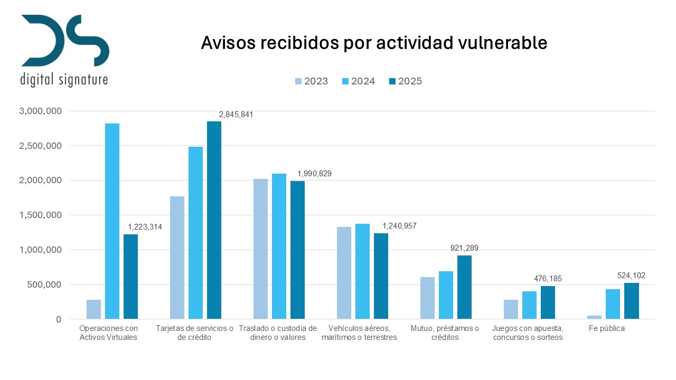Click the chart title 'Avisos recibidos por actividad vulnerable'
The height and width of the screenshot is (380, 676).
[x=374, y=43]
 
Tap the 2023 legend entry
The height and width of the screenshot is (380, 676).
[x=312, y=81]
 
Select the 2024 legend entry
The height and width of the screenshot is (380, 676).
[x=359, y=81]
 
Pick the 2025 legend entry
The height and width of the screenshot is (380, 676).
[x=405, y=81]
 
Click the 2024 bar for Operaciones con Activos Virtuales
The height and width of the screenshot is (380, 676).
[x=112, y=221]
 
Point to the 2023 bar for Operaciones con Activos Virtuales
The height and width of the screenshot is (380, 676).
[x=93, y=309]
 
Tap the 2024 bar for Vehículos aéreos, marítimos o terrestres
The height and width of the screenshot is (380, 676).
[x=362, y=271]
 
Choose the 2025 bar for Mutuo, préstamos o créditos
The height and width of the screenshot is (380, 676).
[x=464, y=287]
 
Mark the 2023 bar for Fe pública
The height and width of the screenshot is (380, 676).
[x=594, y=317]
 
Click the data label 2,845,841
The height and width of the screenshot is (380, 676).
[x=237, y=114]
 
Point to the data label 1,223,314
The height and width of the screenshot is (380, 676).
[x=145, y=227]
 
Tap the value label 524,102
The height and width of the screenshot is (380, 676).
[x=631, y=275]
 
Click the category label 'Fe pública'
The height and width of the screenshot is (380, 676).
[x=607, y=328]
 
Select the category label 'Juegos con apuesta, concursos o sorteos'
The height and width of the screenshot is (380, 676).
[x=528, y=333]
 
